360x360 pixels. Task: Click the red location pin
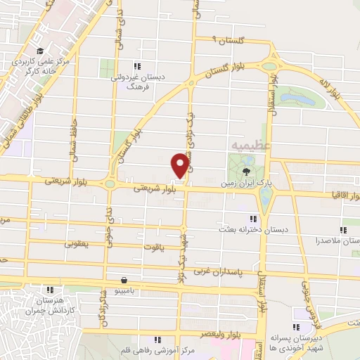(179, 165)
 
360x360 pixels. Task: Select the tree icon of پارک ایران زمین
(246, 170)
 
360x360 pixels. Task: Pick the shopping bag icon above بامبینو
(124, 279)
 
